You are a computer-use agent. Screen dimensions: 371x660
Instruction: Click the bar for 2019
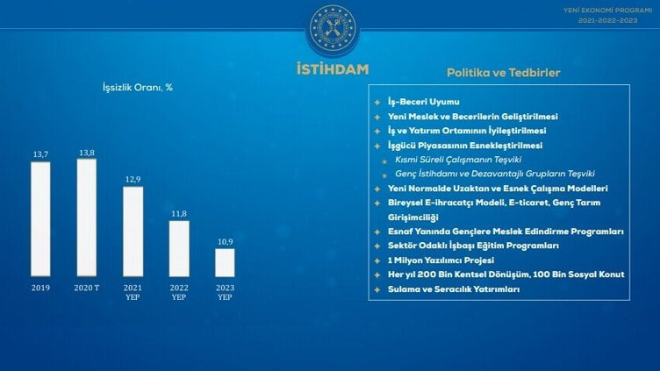click(x=40, y=219)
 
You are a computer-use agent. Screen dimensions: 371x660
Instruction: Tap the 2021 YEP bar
click(x=133, y=232)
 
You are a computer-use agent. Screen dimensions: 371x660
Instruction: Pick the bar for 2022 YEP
click(x=179, y=248)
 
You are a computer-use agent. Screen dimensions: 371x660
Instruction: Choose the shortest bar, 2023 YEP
click(x=225, y=262)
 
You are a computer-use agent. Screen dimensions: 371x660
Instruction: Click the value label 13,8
click(x=87, y=153)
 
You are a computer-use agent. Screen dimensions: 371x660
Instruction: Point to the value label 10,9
click(x=225, y=241)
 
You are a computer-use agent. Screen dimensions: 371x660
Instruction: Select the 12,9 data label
click(x=133, y=180)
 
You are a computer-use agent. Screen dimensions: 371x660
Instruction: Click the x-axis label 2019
click(x=40, y=287)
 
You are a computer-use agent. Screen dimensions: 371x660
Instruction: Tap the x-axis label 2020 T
click(x=87, y=287)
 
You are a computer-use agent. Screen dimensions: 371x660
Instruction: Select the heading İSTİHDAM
click(x=332, y=69)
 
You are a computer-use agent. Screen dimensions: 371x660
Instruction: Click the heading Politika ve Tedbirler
click(x=503, y=72)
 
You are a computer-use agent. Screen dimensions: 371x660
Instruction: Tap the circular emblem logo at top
click(x=332, y=28)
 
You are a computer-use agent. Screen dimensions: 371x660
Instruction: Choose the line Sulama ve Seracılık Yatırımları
click(x=454, y=289)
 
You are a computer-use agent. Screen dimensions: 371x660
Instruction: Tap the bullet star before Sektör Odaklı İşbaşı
click(x=377, y=246)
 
